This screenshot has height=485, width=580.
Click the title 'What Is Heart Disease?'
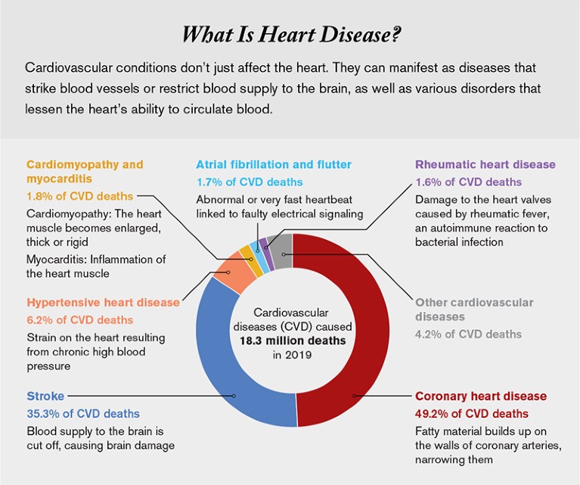(x=290, y=36)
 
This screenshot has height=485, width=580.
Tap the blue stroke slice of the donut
(x=227, y=356)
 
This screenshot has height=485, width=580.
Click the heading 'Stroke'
(x=45, y=396)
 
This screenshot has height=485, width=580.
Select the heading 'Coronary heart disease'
(x=481, y=396)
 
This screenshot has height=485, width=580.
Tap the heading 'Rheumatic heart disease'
(x=485, y=164)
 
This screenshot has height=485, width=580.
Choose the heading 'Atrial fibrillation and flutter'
(x=274, y=164)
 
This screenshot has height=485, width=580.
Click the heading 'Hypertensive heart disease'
(x=104, y=302)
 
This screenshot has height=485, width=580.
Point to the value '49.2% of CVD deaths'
(x=472, y=413)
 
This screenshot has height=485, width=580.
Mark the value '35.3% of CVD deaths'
(x=83, y=413)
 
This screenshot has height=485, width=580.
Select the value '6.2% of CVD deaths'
(x=80, y=320)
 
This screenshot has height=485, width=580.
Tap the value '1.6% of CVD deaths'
(x=469, y=182)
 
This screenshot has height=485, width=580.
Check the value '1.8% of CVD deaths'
(x=80, y=195)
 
